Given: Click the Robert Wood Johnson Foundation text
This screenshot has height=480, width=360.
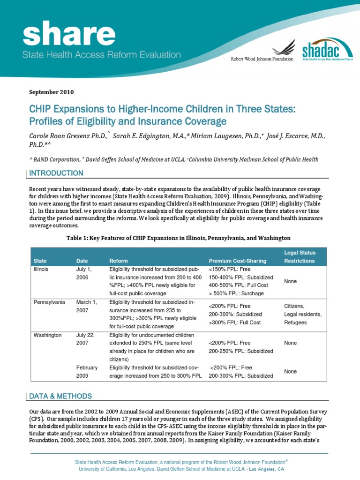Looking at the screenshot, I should click(262, 59).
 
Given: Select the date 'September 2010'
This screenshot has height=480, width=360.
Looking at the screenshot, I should click(51, 92).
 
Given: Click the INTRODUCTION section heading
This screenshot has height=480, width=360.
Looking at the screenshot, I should click(56, 173).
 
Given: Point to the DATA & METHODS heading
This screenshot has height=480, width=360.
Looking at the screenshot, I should click(60, 396).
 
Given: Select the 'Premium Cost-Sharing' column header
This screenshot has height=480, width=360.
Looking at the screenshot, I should click(237, 261).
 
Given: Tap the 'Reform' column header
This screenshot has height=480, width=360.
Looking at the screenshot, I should click(118, 261).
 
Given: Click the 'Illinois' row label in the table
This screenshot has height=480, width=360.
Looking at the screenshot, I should click(41, 270).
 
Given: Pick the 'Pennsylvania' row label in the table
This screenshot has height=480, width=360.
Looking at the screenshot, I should click(49, 302).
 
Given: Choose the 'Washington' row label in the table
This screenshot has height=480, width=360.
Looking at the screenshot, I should click(48, 335).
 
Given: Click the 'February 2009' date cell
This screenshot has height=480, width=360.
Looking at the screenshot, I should click(87, 372).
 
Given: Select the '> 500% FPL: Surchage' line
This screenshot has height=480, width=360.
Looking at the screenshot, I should click(236, 293).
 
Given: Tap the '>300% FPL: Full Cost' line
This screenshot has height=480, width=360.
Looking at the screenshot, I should click(235, 322).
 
